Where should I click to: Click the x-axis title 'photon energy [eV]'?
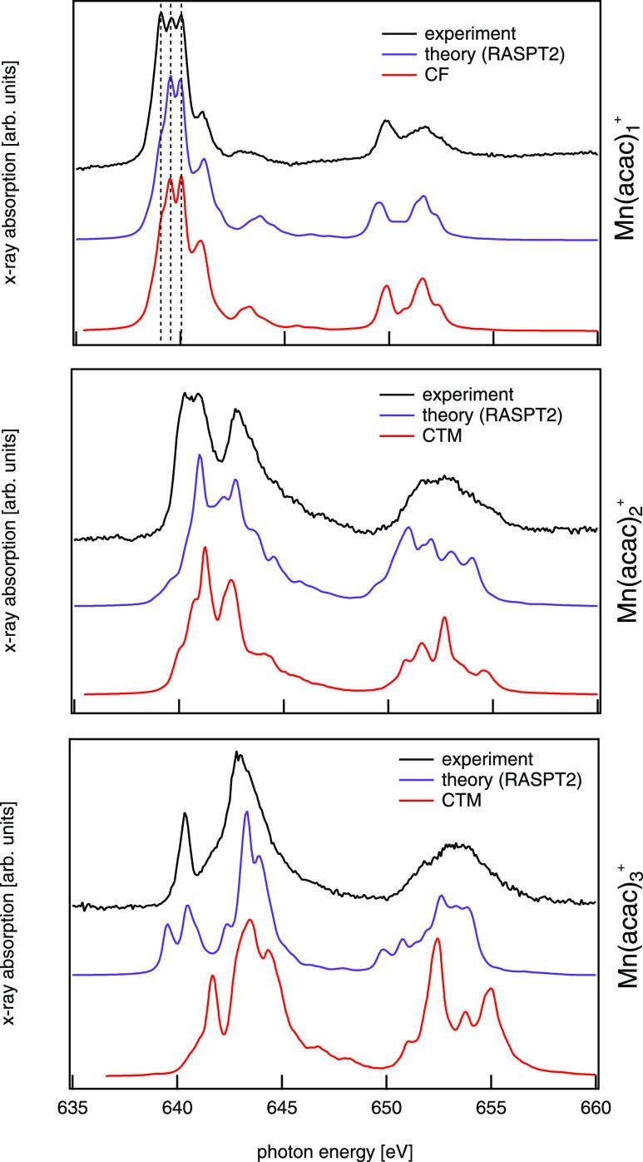pyautogui.click(x=334, y=1150)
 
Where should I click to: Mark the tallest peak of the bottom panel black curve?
pyautogui.click(x=238, y=752)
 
